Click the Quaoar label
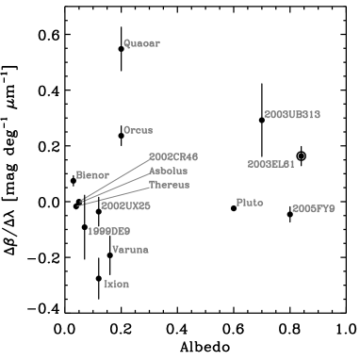click(x=141, y=43)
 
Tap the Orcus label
click(x=138, y=130)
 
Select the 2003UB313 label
click(x=292, y=115)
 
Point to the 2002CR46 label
click(x=172, y=156)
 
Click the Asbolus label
click(x=168, y=171)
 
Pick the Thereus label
click(x=169, y=185)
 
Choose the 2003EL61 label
click(x=271, y=164)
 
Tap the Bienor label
click(x=92, y=174)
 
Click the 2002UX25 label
click(x=125, y=205)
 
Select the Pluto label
click(x=250, y=203)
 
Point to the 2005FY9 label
click(x=313, y=208)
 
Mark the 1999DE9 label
click(x=108, y=231)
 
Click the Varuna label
click(x=130, y=250)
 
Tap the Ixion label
click(x=116, y=284)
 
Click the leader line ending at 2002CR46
click(x=115, y=179)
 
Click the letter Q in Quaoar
click(x=127, y=43)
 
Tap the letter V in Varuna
click(x=116, y=250)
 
